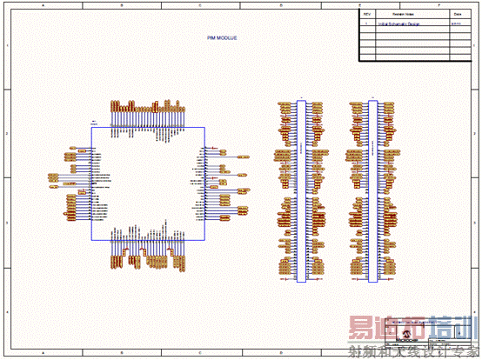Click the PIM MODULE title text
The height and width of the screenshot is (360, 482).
[222, 38]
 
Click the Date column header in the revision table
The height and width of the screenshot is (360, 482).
[457, 15]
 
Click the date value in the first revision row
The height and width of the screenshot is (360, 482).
[456, 25]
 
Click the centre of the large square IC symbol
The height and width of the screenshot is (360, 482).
[148, 184]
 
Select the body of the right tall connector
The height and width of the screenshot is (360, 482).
[372, 190]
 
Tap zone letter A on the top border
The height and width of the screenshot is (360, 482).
[42, 5]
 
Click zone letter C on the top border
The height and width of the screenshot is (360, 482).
[201, 5]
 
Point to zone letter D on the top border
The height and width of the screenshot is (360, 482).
[280, 5]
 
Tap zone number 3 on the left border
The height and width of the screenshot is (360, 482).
[7, 223]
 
